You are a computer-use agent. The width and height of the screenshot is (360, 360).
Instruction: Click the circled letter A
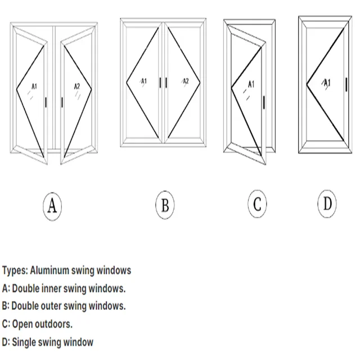coord(52,206)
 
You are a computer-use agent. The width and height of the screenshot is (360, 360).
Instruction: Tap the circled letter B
coord(165,205)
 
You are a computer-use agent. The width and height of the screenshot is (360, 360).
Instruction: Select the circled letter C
coord(257,204)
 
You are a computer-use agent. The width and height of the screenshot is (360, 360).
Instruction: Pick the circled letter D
coord(327,204)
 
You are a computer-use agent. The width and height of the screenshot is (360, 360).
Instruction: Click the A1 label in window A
coord(34,86)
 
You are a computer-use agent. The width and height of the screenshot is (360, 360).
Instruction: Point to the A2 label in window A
coord(77,86)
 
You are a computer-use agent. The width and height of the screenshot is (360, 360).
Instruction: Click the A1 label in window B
coord(144,81)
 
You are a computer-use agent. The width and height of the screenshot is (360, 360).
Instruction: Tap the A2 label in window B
coord(186,81)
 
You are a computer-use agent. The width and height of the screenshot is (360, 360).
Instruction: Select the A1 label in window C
coord(251,84)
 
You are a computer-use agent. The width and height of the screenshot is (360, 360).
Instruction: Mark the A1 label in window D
coord(327,83)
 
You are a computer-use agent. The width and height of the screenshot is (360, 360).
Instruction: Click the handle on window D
coord(346,84)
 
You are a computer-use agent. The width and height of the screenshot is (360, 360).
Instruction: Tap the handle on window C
coord(264,102)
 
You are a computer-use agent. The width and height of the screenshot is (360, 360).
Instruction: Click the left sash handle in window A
coord(46,102)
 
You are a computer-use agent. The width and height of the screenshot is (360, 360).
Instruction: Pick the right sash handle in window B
coord(166,83)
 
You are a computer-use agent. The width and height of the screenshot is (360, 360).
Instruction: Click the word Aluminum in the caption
coord(49,270)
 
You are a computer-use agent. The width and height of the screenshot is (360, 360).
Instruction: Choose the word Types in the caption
coord(15,271)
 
